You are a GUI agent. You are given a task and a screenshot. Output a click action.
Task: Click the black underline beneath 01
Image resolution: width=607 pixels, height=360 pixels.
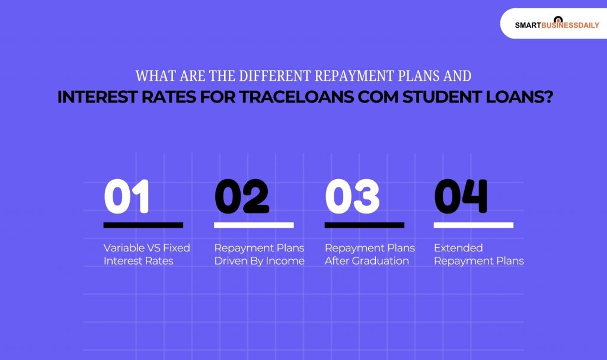[x=143, y=225]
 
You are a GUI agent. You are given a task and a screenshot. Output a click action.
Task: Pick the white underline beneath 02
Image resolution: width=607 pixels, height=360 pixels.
[x=254, y=225]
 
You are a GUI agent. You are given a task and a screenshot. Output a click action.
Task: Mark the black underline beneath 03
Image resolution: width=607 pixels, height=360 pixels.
[x=364, y=225]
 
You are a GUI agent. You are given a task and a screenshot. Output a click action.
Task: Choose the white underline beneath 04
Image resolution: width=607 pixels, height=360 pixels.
[x=474, y=225]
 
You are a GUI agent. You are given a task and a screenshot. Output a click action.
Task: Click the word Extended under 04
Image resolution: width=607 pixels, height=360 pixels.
[x=458, y=248]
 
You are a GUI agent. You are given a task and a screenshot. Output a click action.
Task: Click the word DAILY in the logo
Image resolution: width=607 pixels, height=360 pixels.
[x=586, y=26]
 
